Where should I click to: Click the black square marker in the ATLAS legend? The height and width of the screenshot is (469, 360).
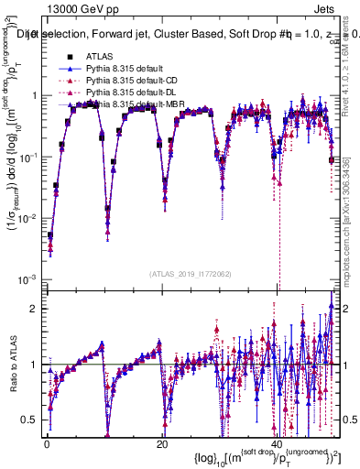coord(60,56)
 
